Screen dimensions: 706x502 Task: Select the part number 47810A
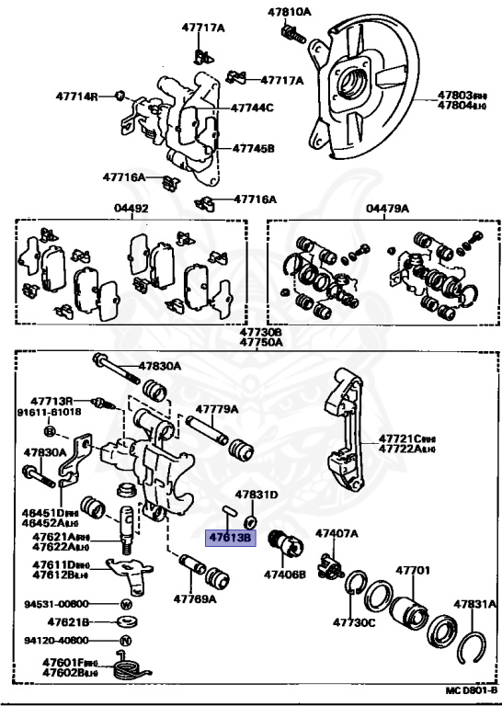click(290, 12)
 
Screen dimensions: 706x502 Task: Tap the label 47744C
click(253, 108)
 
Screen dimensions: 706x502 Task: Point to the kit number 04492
click(131, 209)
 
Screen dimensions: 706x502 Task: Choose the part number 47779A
click(215, 410)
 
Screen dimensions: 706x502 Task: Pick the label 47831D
click(256, 495)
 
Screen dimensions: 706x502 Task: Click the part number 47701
click(413, 571)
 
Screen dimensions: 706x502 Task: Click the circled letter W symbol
click(126, 604)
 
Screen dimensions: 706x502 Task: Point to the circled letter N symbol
click(126, 640)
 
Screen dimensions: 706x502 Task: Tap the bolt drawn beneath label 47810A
click(293, 34)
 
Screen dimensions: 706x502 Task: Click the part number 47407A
click(337, 533)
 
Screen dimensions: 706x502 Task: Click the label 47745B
click(253, 147)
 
